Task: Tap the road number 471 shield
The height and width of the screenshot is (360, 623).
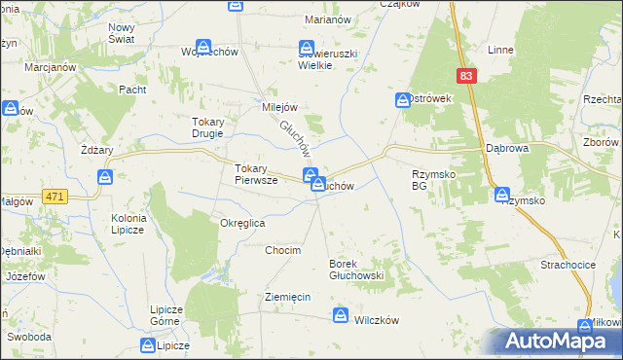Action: coord(55,197)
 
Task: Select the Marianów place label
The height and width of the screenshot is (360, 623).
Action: coord(329,19)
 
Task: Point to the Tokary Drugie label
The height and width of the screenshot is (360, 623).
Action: coord(201,127)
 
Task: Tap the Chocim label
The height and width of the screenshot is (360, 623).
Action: coord(283,250)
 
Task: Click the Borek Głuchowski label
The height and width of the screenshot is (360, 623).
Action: coord(357,270)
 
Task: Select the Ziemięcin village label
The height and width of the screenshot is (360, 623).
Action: coord(288,297)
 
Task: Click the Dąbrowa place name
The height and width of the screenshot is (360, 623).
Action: coord(507,150)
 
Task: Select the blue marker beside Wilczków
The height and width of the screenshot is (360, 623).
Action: coord(341,314)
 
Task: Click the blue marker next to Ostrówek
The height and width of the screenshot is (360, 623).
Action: coord(403,99)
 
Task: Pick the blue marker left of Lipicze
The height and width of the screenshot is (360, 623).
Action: coord(148,345)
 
